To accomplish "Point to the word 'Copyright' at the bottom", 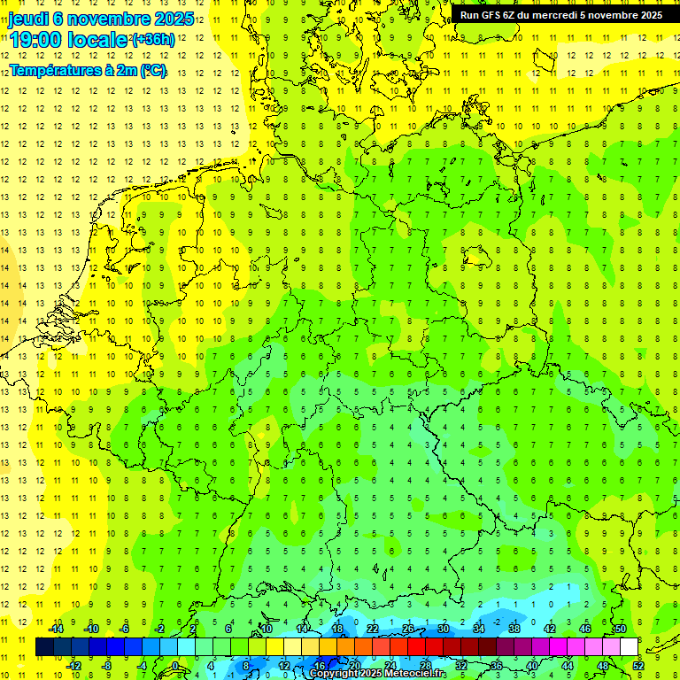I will click(334, 674).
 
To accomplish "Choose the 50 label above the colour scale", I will click(621, 629).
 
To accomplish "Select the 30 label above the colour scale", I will click(444, 629).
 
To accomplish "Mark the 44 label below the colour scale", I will click(568, 665).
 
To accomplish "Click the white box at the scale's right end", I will click(629, 646).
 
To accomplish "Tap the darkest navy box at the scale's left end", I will click(44, 646).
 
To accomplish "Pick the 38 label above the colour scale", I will click(514, 629).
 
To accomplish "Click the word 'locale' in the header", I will click(101, 41).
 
